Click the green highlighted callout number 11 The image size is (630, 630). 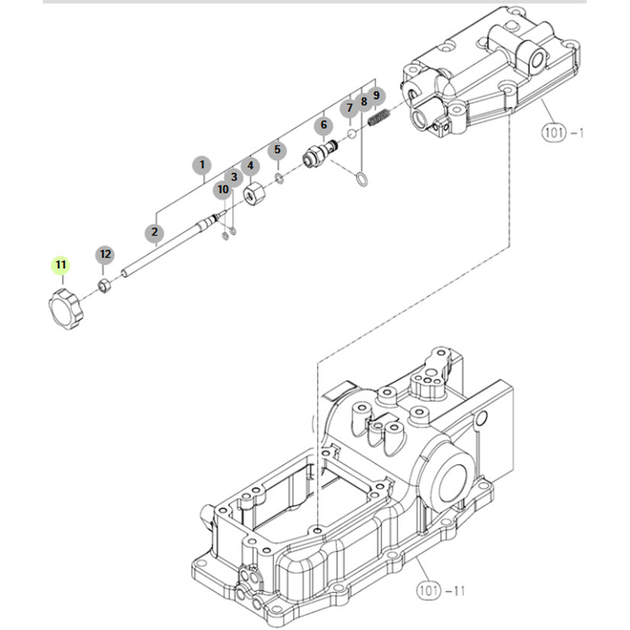click(x=60, y=265)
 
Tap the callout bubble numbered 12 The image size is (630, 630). click(x=105, y=254)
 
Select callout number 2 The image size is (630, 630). click(x=155, y=232)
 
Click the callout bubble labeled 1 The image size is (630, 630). click(x=202, y=165)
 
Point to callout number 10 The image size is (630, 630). click(x=223, y=189)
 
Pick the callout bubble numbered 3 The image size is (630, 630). click(x=234, y=177)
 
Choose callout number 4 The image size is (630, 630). click(x=250, y=166)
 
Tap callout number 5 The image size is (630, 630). click(x=277, y=150)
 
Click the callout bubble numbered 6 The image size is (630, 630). click(x=324, y=125)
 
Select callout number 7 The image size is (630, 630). click(x=349, y=108)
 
